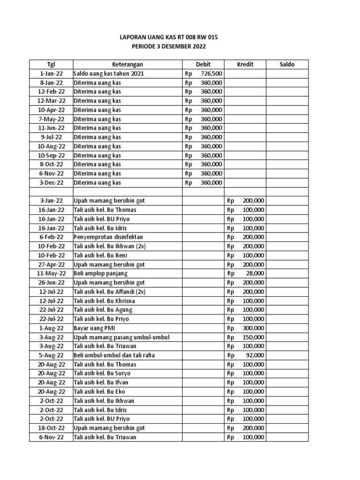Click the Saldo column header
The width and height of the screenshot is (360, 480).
click(x=287, y=64)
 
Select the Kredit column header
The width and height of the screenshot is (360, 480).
click(x=245, y=64)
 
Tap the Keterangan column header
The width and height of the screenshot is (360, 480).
click(x=127, y=64)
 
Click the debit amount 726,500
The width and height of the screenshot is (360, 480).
click(x=211, y=74)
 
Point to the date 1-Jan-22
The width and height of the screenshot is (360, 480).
click(x=51, y=74)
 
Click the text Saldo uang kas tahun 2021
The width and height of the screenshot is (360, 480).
click(x=109, y=74)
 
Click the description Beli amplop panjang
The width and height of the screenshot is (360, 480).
click(x=100, y=273)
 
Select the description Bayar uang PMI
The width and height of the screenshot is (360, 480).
click(x=94, y=328)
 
